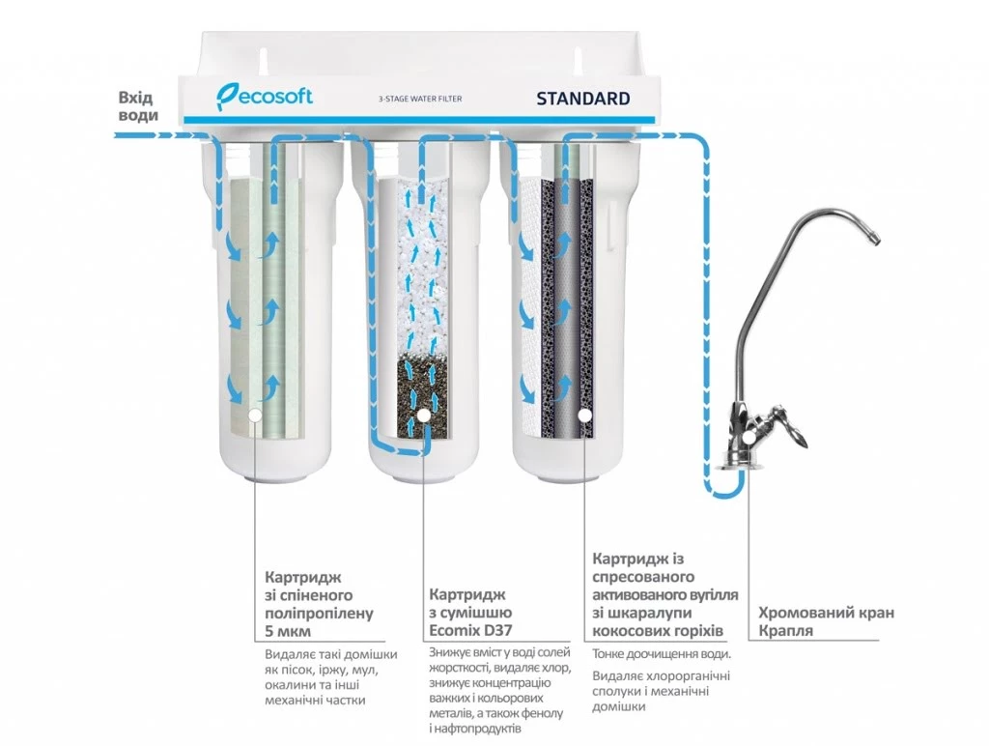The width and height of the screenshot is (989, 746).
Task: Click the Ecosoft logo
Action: [264, 97]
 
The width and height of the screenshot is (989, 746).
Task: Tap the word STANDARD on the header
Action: [582, 99]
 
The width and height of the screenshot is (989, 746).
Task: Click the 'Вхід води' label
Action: [135, 106]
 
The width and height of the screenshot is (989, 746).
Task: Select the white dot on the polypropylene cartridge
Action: [254, 415]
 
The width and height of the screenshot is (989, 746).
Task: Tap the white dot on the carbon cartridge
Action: [584, 416]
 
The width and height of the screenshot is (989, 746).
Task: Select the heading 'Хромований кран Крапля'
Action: [826, 621]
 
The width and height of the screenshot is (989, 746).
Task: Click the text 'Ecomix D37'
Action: [470, 631]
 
